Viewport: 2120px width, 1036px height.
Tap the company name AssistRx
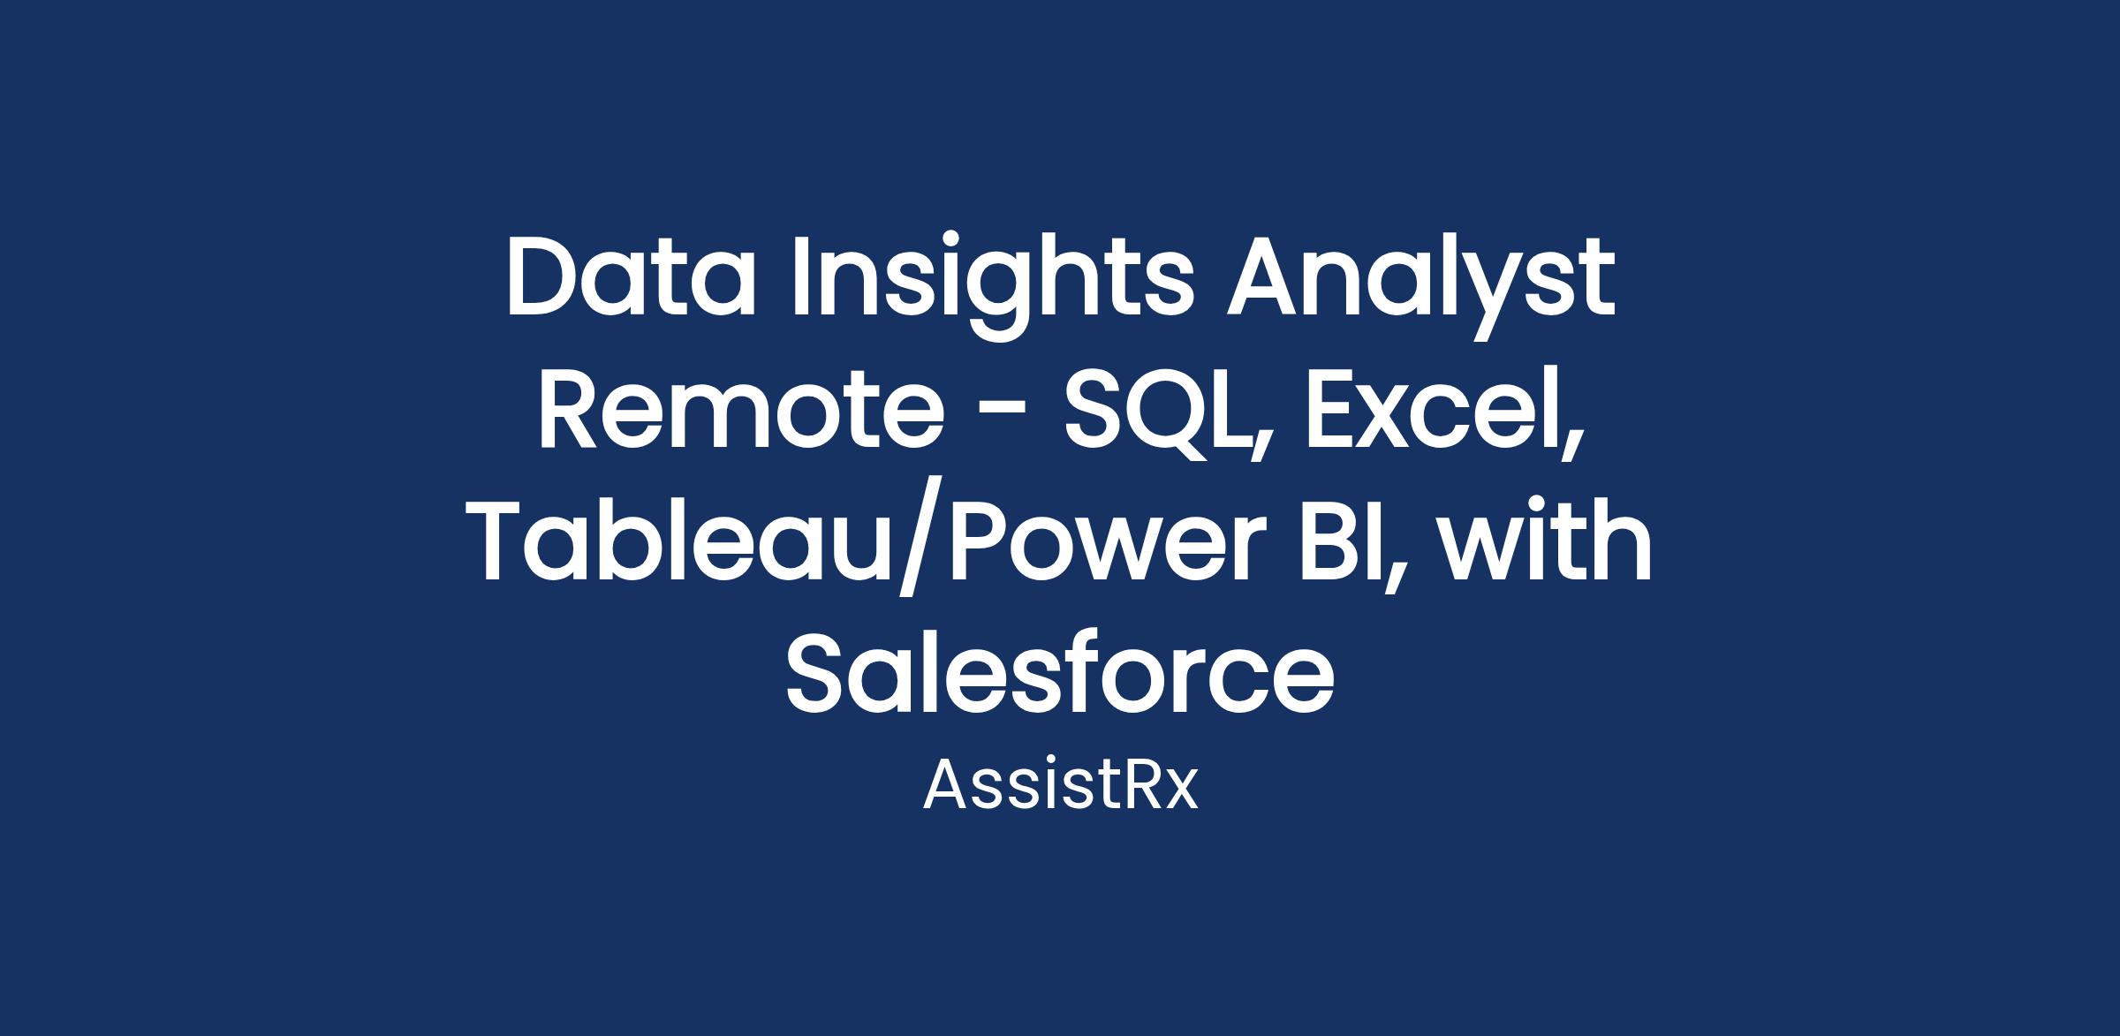coord(1060,785)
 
